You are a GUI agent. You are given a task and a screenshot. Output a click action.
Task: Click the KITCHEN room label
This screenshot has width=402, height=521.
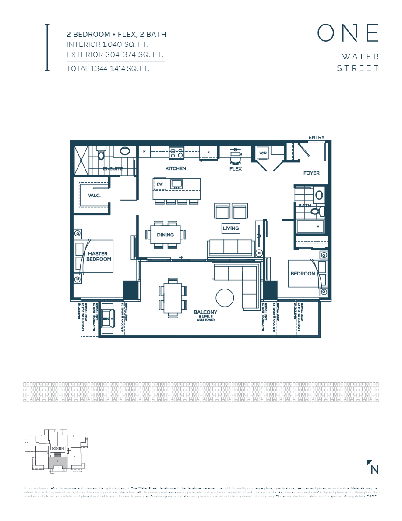[x=176, y=168]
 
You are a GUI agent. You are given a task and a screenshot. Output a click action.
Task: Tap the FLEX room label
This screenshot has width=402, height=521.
[x=236, y=168]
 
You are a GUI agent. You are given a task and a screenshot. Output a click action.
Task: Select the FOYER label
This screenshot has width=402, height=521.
[x=311, y=173]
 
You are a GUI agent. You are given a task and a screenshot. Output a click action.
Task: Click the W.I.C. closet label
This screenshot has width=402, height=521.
[x=94, y=196]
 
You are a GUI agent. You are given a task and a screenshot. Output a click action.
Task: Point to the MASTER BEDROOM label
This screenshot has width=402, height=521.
[x=99, y=256]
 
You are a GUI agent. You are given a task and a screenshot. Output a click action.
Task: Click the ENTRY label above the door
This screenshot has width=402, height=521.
[x=317, y=137]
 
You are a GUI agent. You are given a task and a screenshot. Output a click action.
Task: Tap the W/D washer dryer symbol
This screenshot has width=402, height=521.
[x=263, y=153]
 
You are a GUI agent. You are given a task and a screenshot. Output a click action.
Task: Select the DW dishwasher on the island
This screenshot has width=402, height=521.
[x=159, y=184]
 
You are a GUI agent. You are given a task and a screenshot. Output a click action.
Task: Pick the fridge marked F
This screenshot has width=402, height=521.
[x=209, y=152]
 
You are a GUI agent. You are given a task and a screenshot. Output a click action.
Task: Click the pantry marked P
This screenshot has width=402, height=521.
[x=144, y=152]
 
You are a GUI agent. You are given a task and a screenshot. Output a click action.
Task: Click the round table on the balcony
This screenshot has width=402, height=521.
[x=227, y=298]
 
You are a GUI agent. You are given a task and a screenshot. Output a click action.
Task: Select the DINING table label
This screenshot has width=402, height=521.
[x=166, y=235]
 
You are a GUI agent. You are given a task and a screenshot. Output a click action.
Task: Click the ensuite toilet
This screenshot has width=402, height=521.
[x=101, y=154]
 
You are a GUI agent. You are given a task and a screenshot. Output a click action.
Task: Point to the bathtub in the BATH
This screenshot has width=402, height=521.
[x=310, y=226]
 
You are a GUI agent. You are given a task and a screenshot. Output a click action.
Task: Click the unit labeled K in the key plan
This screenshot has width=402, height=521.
[x=75, y=457]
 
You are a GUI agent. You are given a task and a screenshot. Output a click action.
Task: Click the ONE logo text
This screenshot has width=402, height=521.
[x=348, y=34]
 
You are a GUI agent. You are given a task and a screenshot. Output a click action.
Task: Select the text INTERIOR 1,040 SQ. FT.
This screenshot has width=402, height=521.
[x=107, y=44]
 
